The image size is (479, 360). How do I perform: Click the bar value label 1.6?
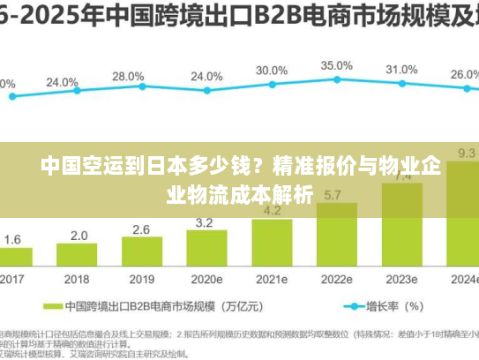[x=12, y=239]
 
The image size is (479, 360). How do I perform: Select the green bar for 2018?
[x=79, y=256]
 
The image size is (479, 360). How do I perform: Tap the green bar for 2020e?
[x=207, y=250]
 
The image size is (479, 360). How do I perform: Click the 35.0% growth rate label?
[x=336, y=65]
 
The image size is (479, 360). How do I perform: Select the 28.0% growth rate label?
[x=128, y=77]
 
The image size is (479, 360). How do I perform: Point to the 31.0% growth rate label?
[x=401, y=69]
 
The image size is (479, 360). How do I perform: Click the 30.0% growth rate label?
[x=272, y=71]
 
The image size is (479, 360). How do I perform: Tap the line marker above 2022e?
[x=336, y=80]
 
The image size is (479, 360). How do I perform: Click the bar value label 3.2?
[x=204, y=221]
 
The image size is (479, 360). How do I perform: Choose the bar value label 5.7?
[x=333, y=195]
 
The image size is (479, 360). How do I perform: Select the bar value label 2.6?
[x=141, y=229]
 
